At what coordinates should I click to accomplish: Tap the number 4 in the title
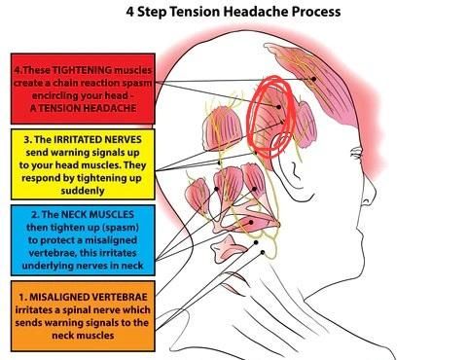tap(129, 12)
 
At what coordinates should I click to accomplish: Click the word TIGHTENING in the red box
tap(82, 70)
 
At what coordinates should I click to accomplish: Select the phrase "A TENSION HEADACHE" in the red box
tap(83, 108)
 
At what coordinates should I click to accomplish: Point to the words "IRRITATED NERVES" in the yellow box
tap(97, 139)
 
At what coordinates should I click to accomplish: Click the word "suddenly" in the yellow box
tap(83, 191)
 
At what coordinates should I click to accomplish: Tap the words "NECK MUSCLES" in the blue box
tap(97, 214)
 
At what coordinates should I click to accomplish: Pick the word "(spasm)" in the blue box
tap(121, 228)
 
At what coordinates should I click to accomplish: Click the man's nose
tap(368, 194)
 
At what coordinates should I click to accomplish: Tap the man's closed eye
tap(356, 152)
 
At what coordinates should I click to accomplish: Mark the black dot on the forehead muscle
tap(313, 79)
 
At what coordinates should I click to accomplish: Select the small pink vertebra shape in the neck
tap(227, 249)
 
